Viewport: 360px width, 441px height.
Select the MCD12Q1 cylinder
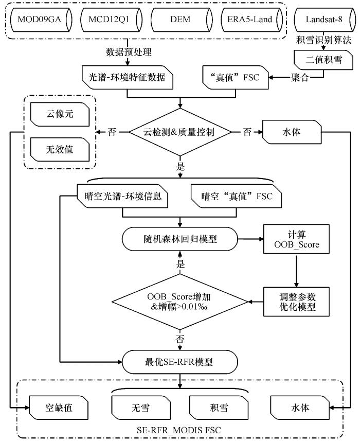(x=111, y=20)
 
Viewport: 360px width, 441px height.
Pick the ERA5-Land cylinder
(x=251, y=20)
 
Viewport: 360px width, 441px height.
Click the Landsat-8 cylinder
(x=325, y=20)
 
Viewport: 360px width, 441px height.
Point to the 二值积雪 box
(x=323, y=60)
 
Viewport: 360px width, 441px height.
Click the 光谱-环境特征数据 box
(x=128, y=78)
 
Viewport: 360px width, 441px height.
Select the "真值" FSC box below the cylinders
(x=236, y=78)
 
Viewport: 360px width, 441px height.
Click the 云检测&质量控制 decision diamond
(x=180, y=132)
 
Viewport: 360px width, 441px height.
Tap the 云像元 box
(x=60, y=114)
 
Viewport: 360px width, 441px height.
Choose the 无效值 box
(x=60, y=150)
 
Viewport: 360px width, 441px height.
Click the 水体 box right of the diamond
(x=292, y=132)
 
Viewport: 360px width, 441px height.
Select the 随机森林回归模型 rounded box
(x=180, y=239)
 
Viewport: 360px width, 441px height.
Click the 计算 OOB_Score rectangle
(x=296, y=239)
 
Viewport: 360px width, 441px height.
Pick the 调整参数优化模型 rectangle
(x=296, y=302)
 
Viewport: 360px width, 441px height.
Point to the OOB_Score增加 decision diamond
(x=180, y=302)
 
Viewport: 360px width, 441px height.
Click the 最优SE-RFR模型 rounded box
(x=180, y=362)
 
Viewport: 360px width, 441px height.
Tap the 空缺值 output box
(x=59, y=408)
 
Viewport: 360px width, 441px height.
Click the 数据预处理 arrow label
(x=129, y=52)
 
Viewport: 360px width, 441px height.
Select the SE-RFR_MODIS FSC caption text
(x=179, y=430)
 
